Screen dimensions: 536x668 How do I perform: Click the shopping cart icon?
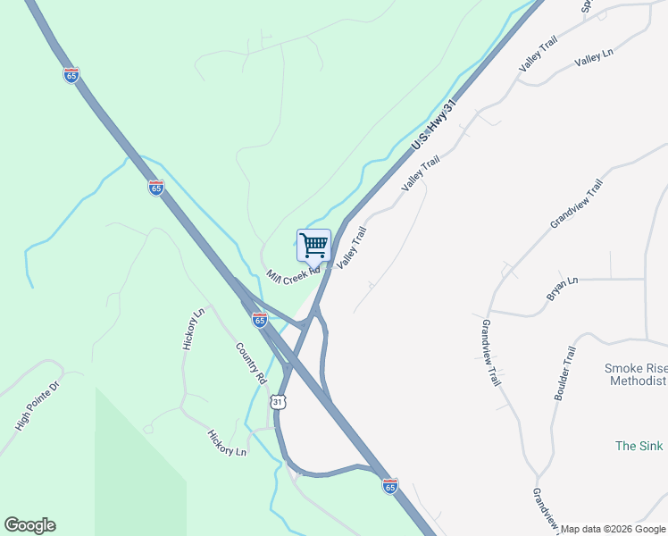(313, 245)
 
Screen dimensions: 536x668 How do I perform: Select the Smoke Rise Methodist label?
(636, 374)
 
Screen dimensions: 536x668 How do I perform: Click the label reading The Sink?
(640, 445)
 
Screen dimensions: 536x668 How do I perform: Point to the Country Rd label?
(251, 363)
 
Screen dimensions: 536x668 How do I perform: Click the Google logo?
(29, 525)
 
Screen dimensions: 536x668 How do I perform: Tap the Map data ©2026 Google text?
(614, 529)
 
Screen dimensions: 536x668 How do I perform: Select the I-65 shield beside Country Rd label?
(259, 319)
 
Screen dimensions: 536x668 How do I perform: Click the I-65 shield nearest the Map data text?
(389, 485)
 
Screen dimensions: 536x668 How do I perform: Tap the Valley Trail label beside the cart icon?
(352, 244)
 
